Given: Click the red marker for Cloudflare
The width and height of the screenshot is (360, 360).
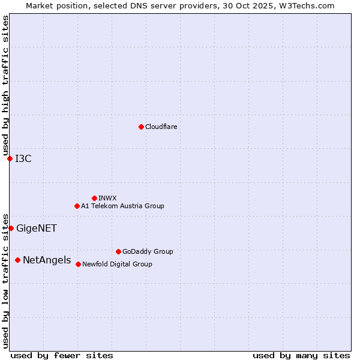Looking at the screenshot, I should [141, 127].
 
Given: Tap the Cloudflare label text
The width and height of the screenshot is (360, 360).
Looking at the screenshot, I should [161, 127].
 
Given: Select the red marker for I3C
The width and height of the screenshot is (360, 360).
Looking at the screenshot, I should [10, 158].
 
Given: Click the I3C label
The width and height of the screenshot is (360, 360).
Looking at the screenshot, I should [23, 158].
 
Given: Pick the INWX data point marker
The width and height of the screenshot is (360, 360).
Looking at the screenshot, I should [94, 198].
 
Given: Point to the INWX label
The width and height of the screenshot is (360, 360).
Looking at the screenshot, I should [107, 198].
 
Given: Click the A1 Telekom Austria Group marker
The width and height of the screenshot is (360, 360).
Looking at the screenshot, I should [77, 206].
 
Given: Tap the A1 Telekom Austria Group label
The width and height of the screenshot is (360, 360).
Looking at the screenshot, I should [122, 206].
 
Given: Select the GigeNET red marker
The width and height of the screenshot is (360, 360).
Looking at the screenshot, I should [11, 228].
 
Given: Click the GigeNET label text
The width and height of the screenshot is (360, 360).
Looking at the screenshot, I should [37, 228].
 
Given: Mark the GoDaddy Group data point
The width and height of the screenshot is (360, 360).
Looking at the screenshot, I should [118, 251].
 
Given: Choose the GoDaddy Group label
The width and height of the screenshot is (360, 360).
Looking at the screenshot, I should [148, 251].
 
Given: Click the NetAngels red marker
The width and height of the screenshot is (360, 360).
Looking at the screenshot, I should [17, 260].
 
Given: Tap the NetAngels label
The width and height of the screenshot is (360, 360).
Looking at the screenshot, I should [47, 260].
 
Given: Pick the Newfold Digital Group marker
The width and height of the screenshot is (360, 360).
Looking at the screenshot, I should [78, 264].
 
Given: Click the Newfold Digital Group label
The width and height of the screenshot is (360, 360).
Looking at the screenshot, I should [117, 264].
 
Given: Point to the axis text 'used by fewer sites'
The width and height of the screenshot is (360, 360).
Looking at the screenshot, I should [62, 355].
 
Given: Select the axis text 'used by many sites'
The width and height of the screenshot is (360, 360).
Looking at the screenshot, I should [301, 355].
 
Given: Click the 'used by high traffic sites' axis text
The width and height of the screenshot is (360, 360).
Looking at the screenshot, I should [5, 86].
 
